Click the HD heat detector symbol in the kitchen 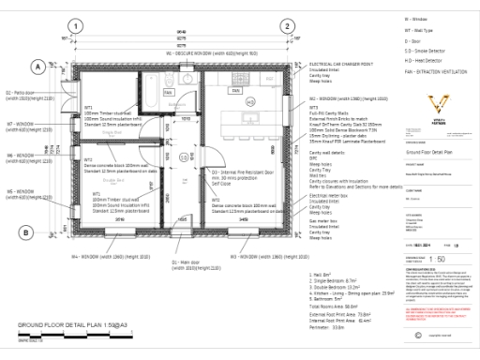[x=249, y=101]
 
